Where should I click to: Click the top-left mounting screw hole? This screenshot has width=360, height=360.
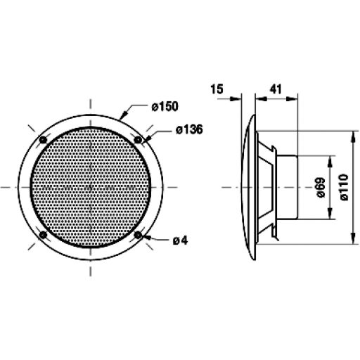tap(44, 141)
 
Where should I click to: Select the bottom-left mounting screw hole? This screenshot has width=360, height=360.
tap(44, 235)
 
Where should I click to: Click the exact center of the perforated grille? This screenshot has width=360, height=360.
tap(91, 188)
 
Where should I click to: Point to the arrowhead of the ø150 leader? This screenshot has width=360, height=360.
tap(124, 115)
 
